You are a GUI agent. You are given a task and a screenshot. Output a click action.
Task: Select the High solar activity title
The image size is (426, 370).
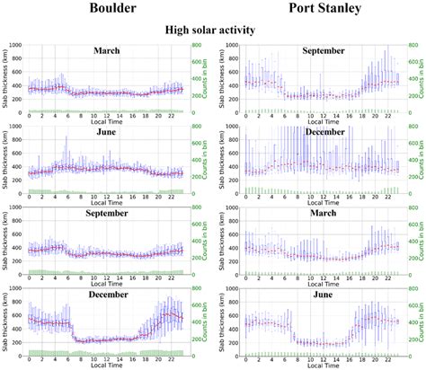212,31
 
